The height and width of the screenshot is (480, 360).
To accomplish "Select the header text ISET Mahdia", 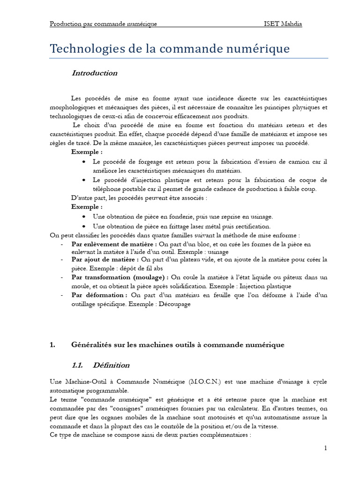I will pyautogui.click(x=283, y=24).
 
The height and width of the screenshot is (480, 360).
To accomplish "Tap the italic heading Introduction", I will pyautogui.click(x=94, y=73).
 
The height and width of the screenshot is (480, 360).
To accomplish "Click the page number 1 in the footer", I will pyautogui.click(x=325, y=449).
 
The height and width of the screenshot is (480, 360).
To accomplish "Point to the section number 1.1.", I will pyautogui.click(x=77, y=365).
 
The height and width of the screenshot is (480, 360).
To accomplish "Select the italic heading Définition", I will pyautogui.click(x=111, y=365).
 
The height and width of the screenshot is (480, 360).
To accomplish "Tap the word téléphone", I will pyautogui.click(x=107, y=189).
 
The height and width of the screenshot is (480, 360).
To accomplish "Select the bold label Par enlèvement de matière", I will pyautogui.click(x=114, y=244).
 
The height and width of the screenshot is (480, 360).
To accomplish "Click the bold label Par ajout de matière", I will pyautogui.click(x=105, y=259).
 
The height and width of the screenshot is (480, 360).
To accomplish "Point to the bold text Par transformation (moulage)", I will pyautogui.click(x=120, y=277).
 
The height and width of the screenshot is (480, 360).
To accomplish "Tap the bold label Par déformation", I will pyautogui.click(x=99, y=295).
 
